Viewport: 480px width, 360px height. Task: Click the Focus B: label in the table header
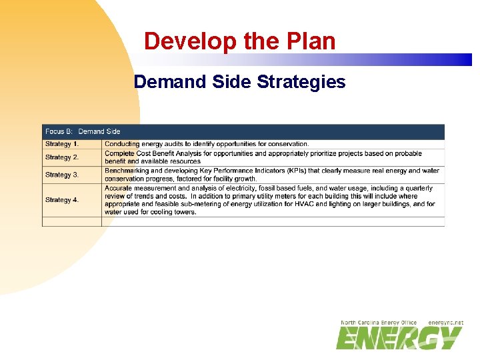click(x=59, y=131)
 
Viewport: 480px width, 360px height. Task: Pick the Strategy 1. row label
click(x=62, y=144)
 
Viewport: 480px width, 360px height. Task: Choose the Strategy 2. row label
click(x=62, y=157)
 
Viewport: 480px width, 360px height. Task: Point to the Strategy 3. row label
click(x=62, y=175)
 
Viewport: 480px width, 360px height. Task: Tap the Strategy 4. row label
click(x=62, y=200)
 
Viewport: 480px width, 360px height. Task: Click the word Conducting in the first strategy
click(x=122, y=144)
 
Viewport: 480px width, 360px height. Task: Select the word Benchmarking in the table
click(x=127, y=171)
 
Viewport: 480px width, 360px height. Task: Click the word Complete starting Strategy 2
click(x=119, y=153)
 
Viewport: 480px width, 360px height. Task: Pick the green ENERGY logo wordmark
click(x=399, y=338)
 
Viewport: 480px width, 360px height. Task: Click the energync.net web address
click(x=445, y=323)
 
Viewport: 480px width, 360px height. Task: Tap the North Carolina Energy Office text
click(x=379, y=323)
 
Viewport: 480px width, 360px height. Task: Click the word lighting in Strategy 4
click(x=360, y=204)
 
